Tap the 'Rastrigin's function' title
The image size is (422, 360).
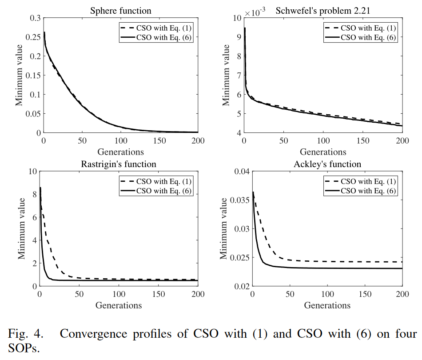[x=119, y=164]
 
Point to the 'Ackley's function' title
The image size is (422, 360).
[x=327, y=164]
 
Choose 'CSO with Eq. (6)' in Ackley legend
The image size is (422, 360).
[x=368, y=191]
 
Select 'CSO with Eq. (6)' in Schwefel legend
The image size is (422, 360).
[x=368, y=37]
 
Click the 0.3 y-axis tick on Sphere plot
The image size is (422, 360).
[x=35, y=18]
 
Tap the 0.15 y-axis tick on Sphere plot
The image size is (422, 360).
[x=32, y=75]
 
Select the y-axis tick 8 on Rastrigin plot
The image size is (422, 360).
[x=34, y=194]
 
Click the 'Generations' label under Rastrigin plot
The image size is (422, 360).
[x=119, y=305]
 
